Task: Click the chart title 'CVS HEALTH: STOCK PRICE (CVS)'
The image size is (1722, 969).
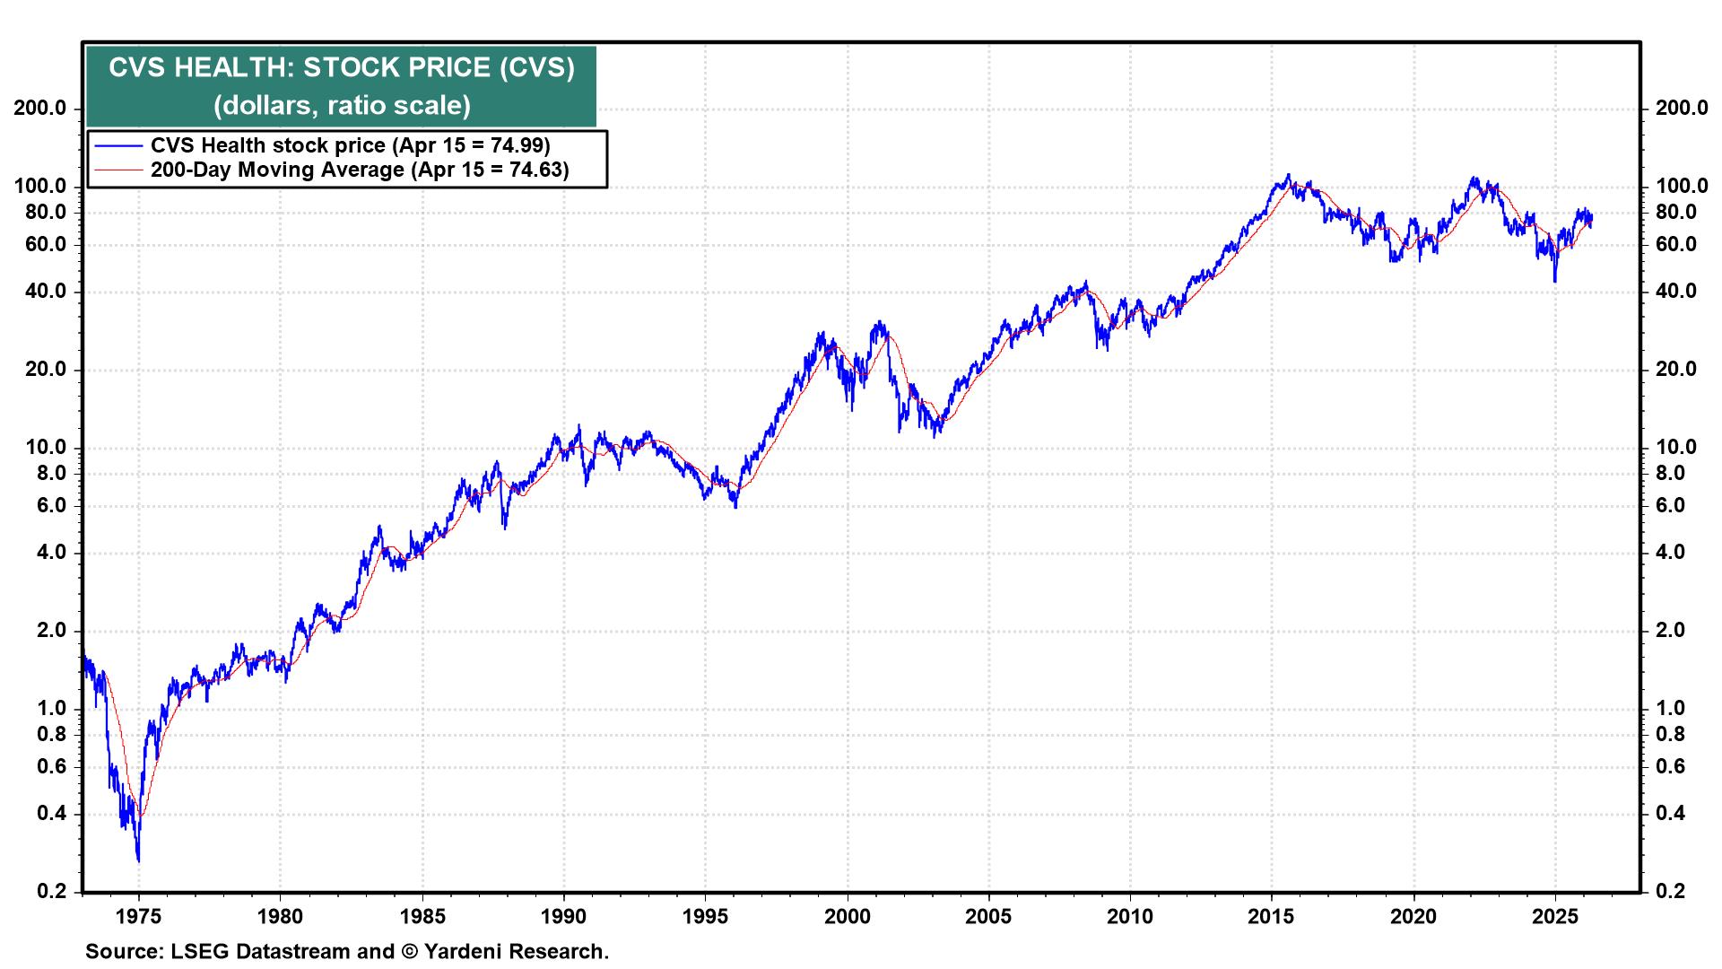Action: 341,68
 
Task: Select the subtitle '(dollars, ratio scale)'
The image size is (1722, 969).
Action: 341,106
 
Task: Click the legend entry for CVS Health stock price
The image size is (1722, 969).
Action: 350,145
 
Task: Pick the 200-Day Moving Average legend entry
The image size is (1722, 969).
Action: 359,170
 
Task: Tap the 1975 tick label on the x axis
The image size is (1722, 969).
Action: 138,917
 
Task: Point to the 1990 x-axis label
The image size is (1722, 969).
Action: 563,917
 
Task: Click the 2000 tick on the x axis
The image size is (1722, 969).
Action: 847,917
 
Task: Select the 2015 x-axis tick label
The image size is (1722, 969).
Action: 1272,917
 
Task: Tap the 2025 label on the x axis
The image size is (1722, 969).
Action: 1555,917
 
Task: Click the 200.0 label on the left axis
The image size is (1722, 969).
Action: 39,109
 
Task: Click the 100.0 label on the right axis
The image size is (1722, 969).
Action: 1681,187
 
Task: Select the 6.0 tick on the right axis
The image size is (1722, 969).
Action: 1675,506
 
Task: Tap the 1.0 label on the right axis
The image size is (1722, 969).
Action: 1675,709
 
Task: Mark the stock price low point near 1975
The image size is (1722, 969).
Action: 138,860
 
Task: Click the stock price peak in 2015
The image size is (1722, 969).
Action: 1289,176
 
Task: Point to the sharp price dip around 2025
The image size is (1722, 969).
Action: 1554,280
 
